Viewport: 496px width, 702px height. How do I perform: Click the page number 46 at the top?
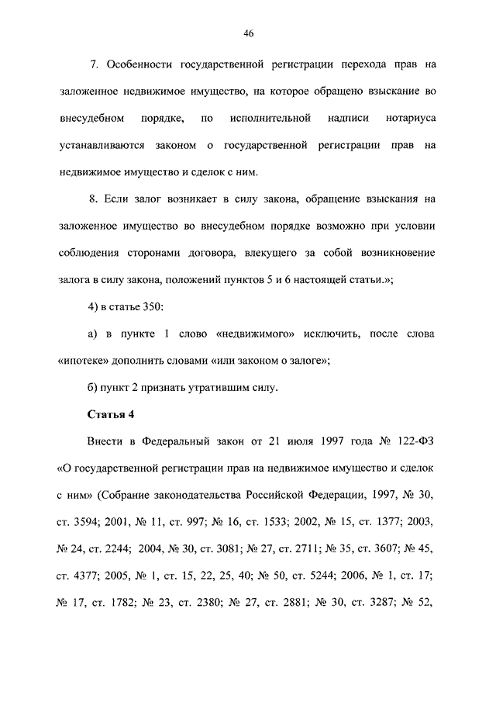pos(249,33)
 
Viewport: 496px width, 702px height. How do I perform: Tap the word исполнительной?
pos(270,119)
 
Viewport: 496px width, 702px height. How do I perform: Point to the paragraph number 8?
pos(94,199)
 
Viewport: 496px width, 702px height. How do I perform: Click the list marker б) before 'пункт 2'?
pos(92,386)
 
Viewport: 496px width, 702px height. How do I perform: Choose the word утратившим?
pos(218,386)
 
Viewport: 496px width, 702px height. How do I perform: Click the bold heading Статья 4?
pos(109,415)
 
